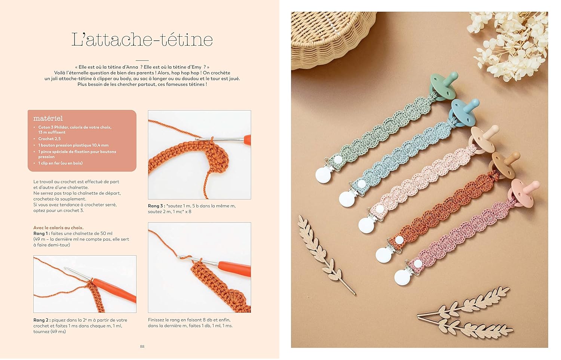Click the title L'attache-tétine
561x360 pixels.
pyautogui.click(x=142, y=40)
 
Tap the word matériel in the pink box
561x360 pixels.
pyautogui.click(x=48, y=118)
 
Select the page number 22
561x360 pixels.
pyautogui.click(x=142, y=346)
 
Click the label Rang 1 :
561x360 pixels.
pyautogui.click(x=42, y=233)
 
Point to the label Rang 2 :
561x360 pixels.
pyautogui.click(x=42, y=320)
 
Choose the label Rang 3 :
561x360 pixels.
pyautogui.click(x=157, y=206)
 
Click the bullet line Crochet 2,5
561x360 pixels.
pyautogui.click(x=49, y=139)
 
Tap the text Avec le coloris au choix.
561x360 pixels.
pyautogui.click(x=58, y=228)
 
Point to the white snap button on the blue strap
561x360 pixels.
pyautogui.click(x=361, y=184)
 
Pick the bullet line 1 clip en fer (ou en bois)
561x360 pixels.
pyautogui.click(x=60, y=163)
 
